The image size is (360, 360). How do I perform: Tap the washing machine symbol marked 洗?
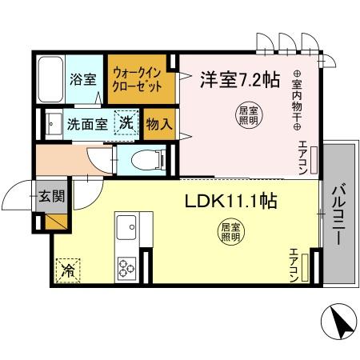click(126, 123)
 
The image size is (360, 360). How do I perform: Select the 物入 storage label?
click(158, 124)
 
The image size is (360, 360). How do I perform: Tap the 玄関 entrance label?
click(50, 197)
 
